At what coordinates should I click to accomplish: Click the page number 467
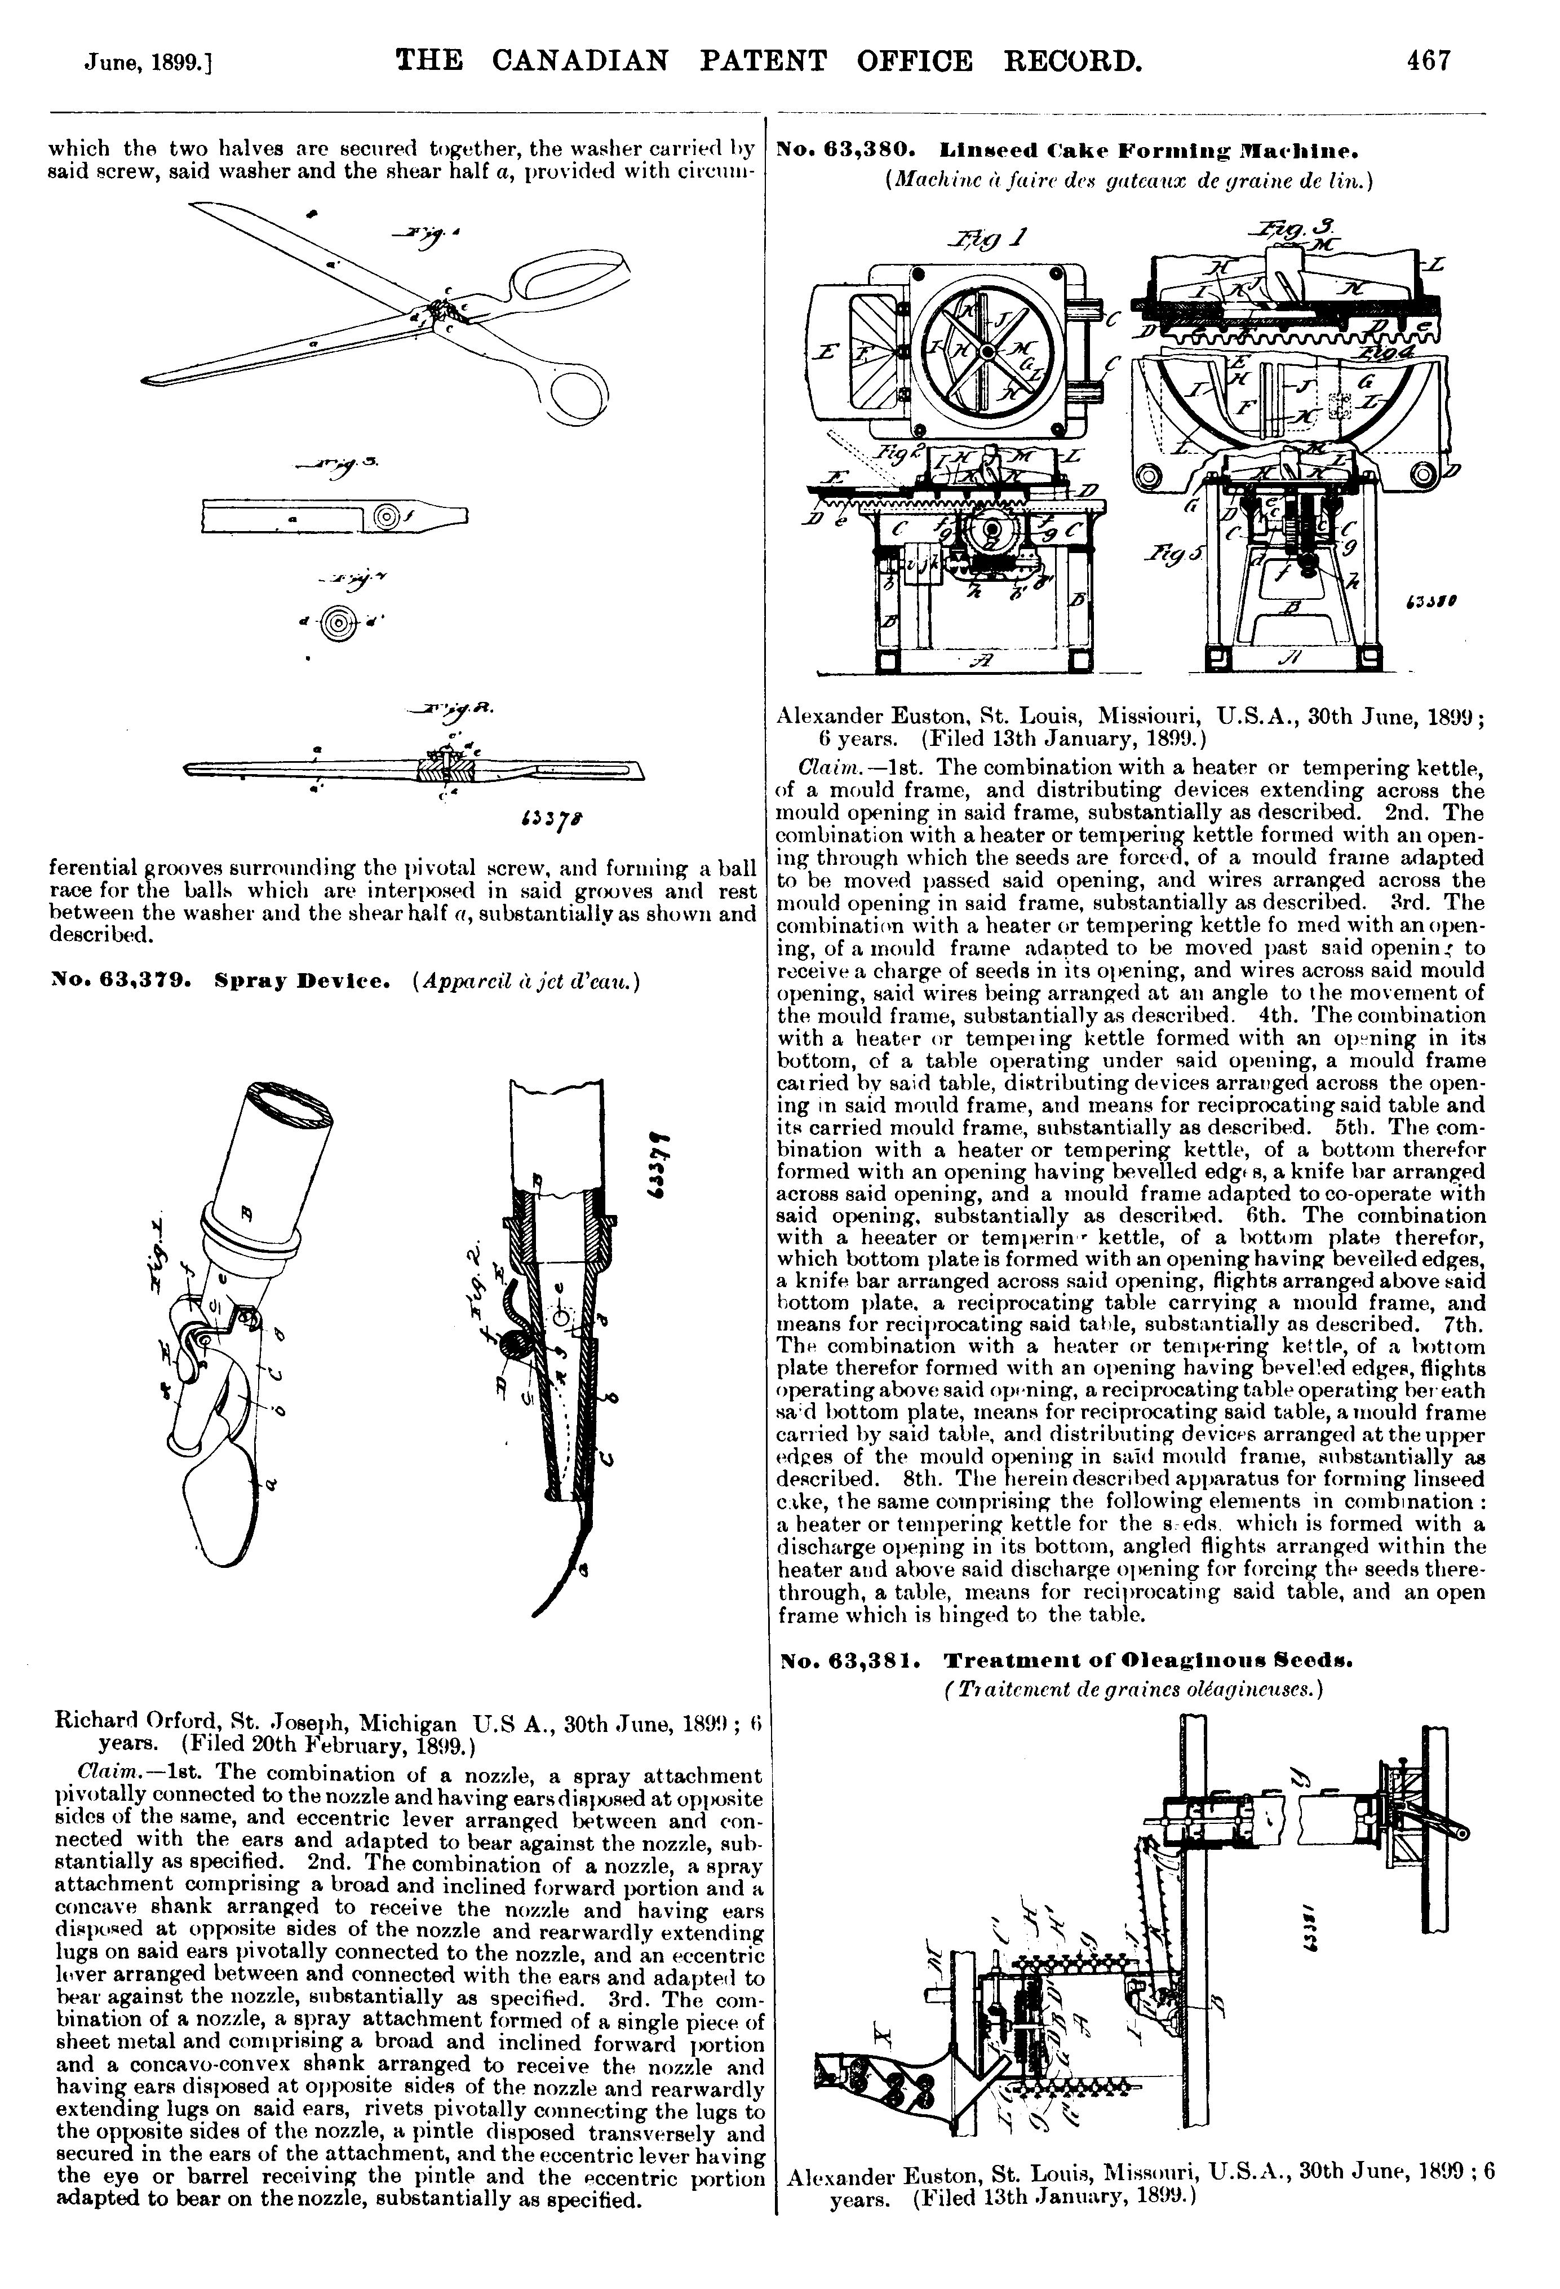tap(1428, 61)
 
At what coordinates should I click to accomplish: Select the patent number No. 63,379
tap(120, 982)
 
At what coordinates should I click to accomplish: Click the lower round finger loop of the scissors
tap(581, 394)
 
